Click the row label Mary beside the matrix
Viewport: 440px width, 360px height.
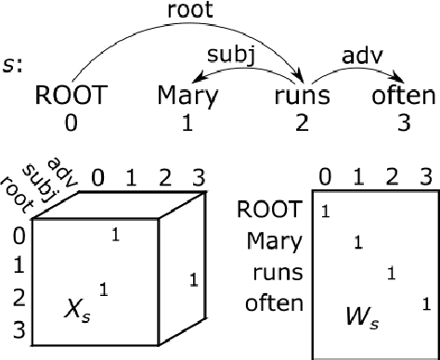(275, 242)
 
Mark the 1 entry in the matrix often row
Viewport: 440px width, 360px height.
(425, 302)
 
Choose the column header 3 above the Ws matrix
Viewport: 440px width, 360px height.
(425, 177)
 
